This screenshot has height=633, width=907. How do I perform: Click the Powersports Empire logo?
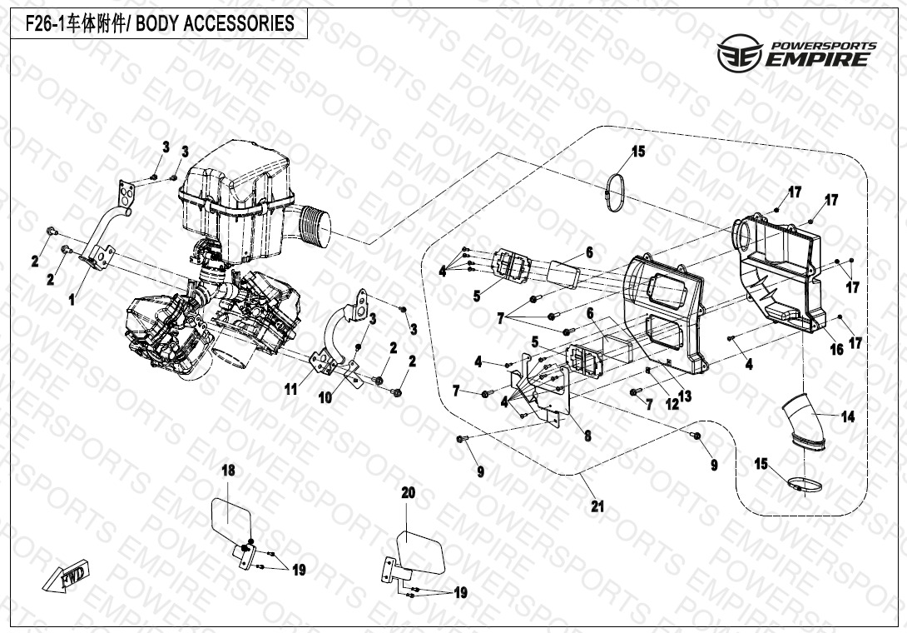coord(796,52)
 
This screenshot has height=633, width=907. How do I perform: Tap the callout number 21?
coord(597,506)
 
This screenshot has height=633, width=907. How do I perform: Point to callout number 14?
coord(847,417)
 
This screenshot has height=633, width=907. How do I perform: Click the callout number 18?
coord(228,471)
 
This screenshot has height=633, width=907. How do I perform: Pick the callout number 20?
coord(408,493)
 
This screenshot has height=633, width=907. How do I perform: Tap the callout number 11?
coord(290,389)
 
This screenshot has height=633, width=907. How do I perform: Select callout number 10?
coord(325,398)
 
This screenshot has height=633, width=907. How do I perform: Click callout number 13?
coord(685,396)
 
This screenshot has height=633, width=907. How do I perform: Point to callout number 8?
coord(587,436)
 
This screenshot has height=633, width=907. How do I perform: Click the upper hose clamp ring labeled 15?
coord(617,190)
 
